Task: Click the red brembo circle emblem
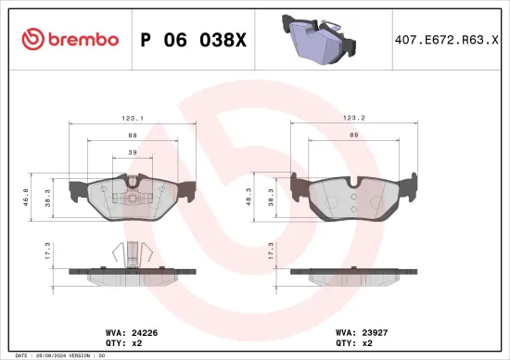coord(32,40)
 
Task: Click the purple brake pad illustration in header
coord(317,41)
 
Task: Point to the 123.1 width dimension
coord(134,118)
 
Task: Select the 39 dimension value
coord(133,153)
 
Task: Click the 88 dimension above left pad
coord(134,135)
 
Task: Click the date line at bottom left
coord(56,354)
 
